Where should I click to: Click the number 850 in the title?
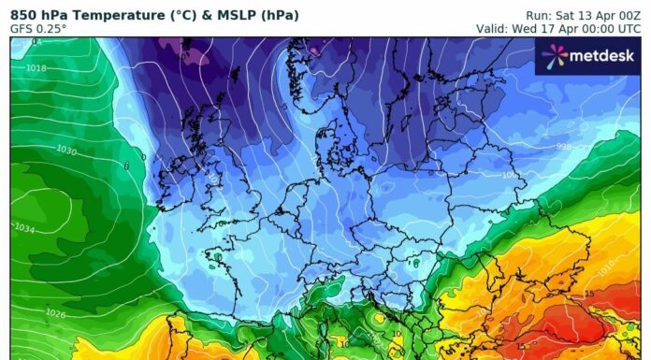(x=25, y=13)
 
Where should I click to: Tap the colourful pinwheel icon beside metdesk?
(x=554, y=57)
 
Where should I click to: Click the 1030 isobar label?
(x=66, y=151)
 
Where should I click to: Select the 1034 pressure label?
(x=25, y=228)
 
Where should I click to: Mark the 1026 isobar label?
(x=55, y=313)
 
